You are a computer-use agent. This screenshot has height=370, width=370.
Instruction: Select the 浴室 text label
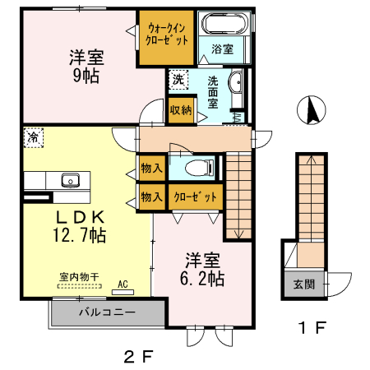[222, 49]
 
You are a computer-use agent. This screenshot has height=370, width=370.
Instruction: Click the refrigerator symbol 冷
[33, 137]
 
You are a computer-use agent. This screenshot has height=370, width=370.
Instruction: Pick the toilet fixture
[198, 168]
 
